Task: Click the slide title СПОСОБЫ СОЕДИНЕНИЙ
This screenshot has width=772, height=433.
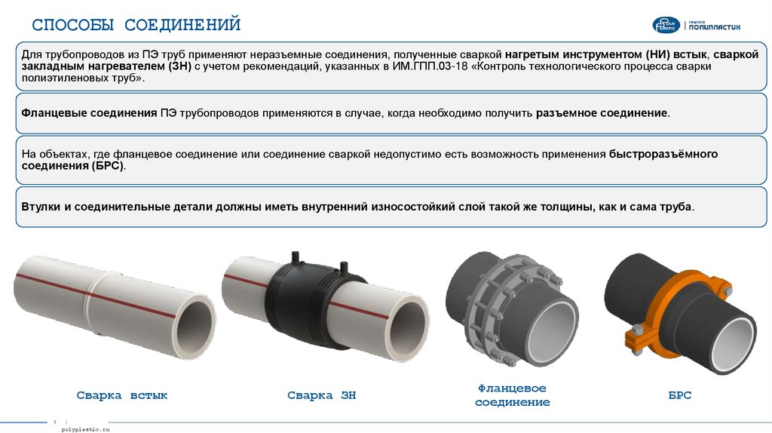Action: pyautogui.click(x=136, y=24)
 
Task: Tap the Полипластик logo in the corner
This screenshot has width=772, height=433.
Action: pyautogui.click(x=696, y=25)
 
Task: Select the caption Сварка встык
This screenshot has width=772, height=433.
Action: pyautogui.click(x=121, y=395)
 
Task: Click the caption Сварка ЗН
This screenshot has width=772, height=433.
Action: pyautogui.click(x=321, y=395)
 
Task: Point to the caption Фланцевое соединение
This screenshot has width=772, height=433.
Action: pyautogui.click(x=513, y=395)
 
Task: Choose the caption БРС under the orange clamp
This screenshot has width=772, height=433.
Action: pyautogui.click(x=680, y=395)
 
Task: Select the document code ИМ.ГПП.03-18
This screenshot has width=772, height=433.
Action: pyautogui.click(x=430, y=66)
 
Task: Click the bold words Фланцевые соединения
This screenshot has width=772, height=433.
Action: pyautogui.click(x=89, y=113)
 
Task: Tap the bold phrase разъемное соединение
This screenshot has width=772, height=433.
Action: pyautogui.click(x=602, y=113)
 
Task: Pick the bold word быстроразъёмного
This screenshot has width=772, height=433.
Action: pyautogui.click(x=663, y=154)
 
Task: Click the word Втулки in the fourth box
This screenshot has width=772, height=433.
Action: pyautogui.click(x=41, y=207)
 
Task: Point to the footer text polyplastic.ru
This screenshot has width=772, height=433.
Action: pyautogui.click(x=86, y=429)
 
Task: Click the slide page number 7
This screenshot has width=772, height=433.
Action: pyautogui.click(x=54, y=422)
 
